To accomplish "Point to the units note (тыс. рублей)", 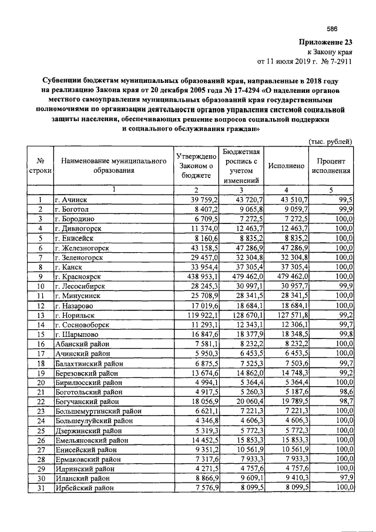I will click(330, 141).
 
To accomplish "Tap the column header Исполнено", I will click(286, 166).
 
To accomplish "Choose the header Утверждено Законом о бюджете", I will click(197, 166).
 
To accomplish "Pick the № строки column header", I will click(41, 166).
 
